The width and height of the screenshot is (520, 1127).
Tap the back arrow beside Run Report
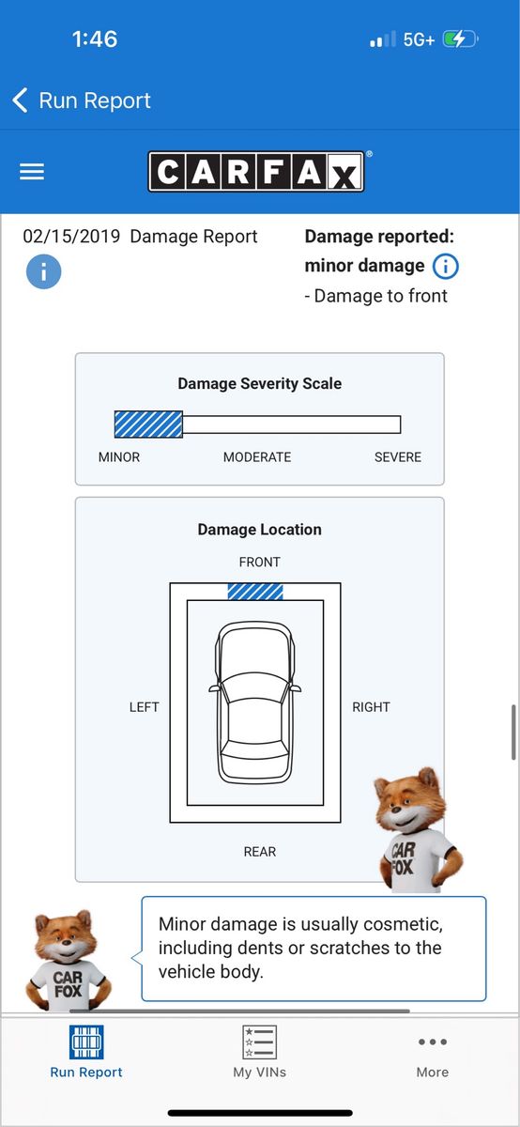point(20,100)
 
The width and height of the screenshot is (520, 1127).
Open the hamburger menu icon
point(32,172)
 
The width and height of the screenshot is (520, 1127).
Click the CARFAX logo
point(256,172)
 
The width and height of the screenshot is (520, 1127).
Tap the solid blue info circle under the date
point(44,271)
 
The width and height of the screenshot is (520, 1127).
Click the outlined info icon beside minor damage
point(446,266)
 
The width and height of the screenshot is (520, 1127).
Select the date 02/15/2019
point(71,237)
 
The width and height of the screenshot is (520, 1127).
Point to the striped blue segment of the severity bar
point(148,425)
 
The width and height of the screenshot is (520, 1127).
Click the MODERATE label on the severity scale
point(257,456)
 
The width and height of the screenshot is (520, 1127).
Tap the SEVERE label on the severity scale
point(398,456)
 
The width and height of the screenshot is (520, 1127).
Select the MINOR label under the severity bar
point(119,456)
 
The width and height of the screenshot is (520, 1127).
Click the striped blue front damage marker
point(255,592)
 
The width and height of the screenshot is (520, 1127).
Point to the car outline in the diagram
point(255,702)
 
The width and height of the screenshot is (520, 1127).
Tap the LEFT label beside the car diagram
point(144,707)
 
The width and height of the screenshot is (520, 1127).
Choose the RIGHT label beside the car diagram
point(371,707)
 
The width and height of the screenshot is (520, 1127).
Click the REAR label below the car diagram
point(259,852)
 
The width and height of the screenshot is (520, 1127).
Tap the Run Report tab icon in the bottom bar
point(86,1042)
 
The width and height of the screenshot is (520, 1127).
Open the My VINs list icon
point(259,1042)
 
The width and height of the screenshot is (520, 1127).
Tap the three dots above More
point(433,1042)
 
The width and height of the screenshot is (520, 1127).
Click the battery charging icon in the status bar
point(460,39)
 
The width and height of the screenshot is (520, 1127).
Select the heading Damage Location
point(259,530)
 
